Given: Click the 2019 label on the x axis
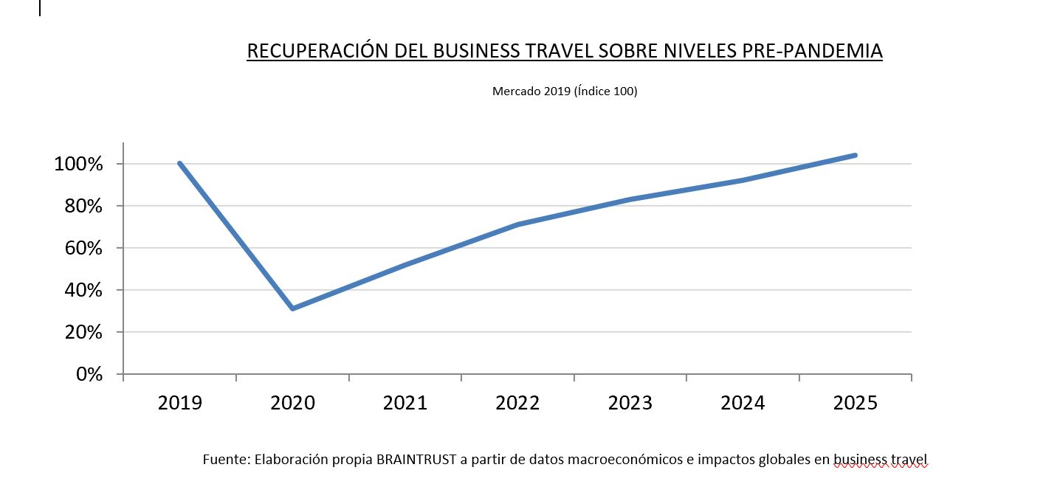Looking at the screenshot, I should click(180, 403).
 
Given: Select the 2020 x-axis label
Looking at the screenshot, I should click(292, 403).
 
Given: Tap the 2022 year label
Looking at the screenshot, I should click(517, 403).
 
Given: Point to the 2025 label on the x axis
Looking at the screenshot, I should click(856, 403).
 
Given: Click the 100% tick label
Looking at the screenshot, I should click(78, 164).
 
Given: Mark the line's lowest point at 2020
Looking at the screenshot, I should click(293, 308).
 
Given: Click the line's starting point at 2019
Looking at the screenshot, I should click(180, 163).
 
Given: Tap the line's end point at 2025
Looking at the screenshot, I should click(855, 155).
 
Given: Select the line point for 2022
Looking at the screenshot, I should click(518, 224).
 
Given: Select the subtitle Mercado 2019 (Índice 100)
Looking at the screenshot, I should click(565, 91).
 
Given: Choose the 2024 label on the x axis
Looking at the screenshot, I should click(743, 403).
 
